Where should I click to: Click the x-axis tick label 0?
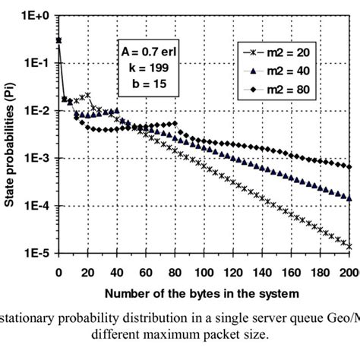(58, 270)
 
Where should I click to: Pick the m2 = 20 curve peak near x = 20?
(89, 95)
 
